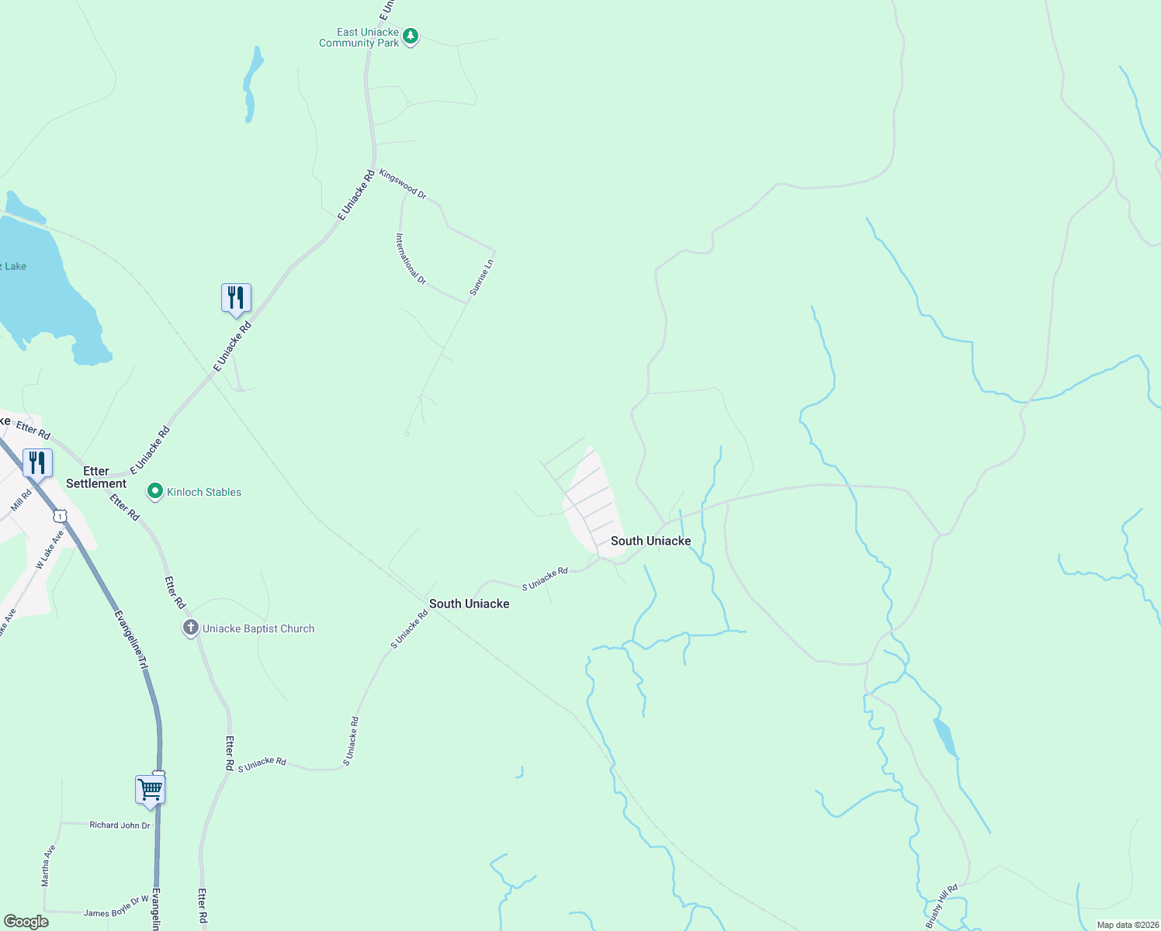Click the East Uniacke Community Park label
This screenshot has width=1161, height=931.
pyautogui.click(x=359, y=37)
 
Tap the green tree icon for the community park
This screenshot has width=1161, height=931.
pyautogui.click(x=411, y=36)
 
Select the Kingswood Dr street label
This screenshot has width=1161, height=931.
pyautogui.click(x=403, y=184)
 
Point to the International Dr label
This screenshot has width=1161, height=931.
pyautogui.click(x=411, y=258)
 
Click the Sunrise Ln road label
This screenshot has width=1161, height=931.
pyautogui.click(x=481, y=277)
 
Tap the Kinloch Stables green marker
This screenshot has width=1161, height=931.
pyautogui.click(x=155, y=491)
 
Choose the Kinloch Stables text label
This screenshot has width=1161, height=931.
pyautogui.click(x=204, y=492)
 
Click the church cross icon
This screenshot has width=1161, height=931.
pyautogui.click(x=191, y=628)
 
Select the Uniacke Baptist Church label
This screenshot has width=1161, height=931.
pyautogui.click(x=258, y=628)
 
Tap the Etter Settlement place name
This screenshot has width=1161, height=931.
pyautogui.click(x=96, y=477)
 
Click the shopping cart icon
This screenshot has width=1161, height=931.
pyautogui.click(x=150, y=790)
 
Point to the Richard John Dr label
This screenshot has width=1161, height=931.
pyautogui.click(x=120, y=825)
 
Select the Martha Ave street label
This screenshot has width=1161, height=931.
pyautogui.click(x=48, y=866)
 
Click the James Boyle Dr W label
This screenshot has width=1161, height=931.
pyautogui.click(x=116, y=907)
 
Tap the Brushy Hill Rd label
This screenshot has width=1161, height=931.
pyautogui.click(x=941, y=905)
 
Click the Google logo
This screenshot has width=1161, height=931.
pyautogui.click(x=26, y=922)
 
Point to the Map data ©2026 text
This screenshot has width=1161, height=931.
pyautogui.click(x=1127, y=925)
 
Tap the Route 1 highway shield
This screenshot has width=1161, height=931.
pyautogui.click(x=60, y=516)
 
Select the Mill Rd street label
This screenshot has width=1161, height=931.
pyautogui.click(x=21, y=500)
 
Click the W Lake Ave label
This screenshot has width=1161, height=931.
pyautogui.click(x=50, y=549)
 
